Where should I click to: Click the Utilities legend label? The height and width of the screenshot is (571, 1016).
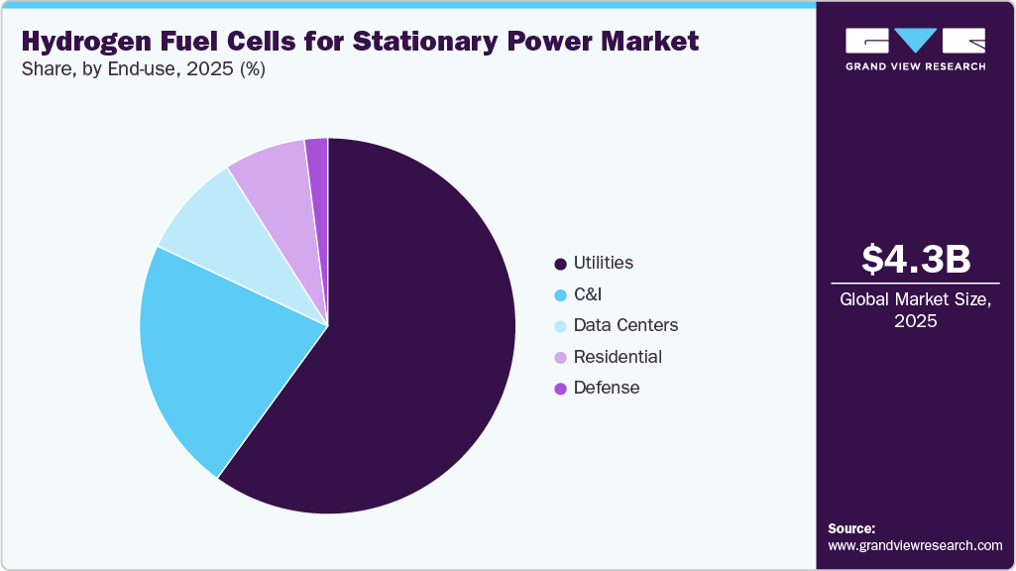click(x=603, y=263)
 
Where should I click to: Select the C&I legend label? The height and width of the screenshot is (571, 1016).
click(x=588, y=294)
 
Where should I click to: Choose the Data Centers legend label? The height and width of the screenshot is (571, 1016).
click(x=625, y=325)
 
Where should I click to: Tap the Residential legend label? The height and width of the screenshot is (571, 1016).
click(x=618, y=357)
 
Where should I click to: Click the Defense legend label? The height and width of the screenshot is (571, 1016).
click(x=607, y=388)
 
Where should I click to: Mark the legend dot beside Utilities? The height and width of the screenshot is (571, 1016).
click(x=561, y=264)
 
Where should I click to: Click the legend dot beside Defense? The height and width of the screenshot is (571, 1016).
click(x=561, y=389)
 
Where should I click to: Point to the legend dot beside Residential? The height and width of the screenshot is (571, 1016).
click(x=561, y=358)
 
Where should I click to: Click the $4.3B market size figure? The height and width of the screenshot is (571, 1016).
click(x=915, y=259)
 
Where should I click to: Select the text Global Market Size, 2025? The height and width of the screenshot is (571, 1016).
click(x=915, y=310)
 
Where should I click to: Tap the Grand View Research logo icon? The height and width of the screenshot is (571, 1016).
click(x=915, y=41)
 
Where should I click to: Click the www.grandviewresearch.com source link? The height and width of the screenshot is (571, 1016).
click(x=915, y=545)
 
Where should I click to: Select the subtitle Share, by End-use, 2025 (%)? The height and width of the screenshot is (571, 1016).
click(x=143, y=70)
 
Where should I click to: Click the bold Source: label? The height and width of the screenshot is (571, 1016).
click(x=851, y=528)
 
